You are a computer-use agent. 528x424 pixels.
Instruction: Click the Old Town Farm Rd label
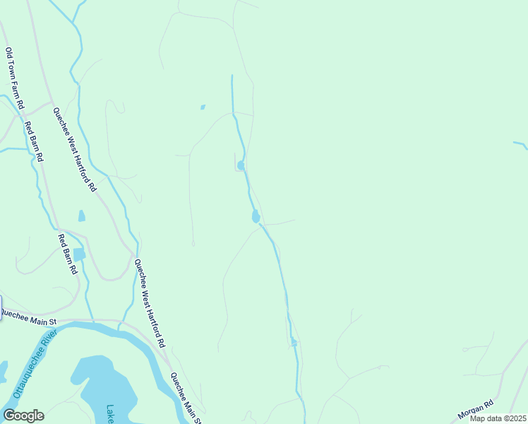click(x=15, y=78)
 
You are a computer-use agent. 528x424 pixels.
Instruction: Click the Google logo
click(x=23, y=415)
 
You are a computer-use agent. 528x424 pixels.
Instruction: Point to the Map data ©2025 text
click(x=497, y=418)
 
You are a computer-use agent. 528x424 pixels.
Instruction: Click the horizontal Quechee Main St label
click(x=29, y=319)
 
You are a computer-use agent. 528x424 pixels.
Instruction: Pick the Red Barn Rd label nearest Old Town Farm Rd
click(x=34, y=142)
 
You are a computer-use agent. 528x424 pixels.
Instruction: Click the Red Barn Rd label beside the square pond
click(x=67, y=254)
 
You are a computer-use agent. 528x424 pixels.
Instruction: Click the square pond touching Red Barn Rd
click(x=79, y=254)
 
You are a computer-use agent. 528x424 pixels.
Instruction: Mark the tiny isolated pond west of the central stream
click(x=203, y=107)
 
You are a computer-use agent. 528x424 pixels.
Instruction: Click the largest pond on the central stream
click(x=256, y=216)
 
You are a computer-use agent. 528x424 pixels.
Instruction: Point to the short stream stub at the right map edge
click(x=520, y=145)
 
